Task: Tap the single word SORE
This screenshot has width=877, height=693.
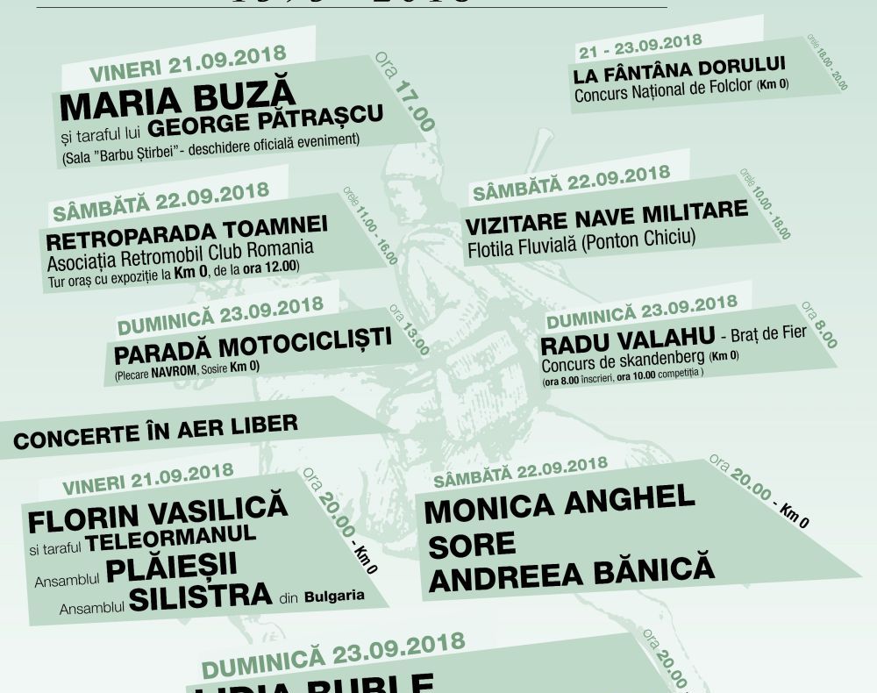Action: pyautogui.click(x=472, y=544)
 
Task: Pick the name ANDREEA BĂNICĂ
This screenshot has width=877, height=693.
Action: pyautogui.click(x=571, y=575)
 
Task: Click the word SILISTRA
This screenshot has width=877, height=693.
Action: pyautogui.click(x=200, y=596)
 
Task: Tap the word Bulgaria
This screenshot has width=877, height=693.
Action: pyautogui.click(x=334, y=597)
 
